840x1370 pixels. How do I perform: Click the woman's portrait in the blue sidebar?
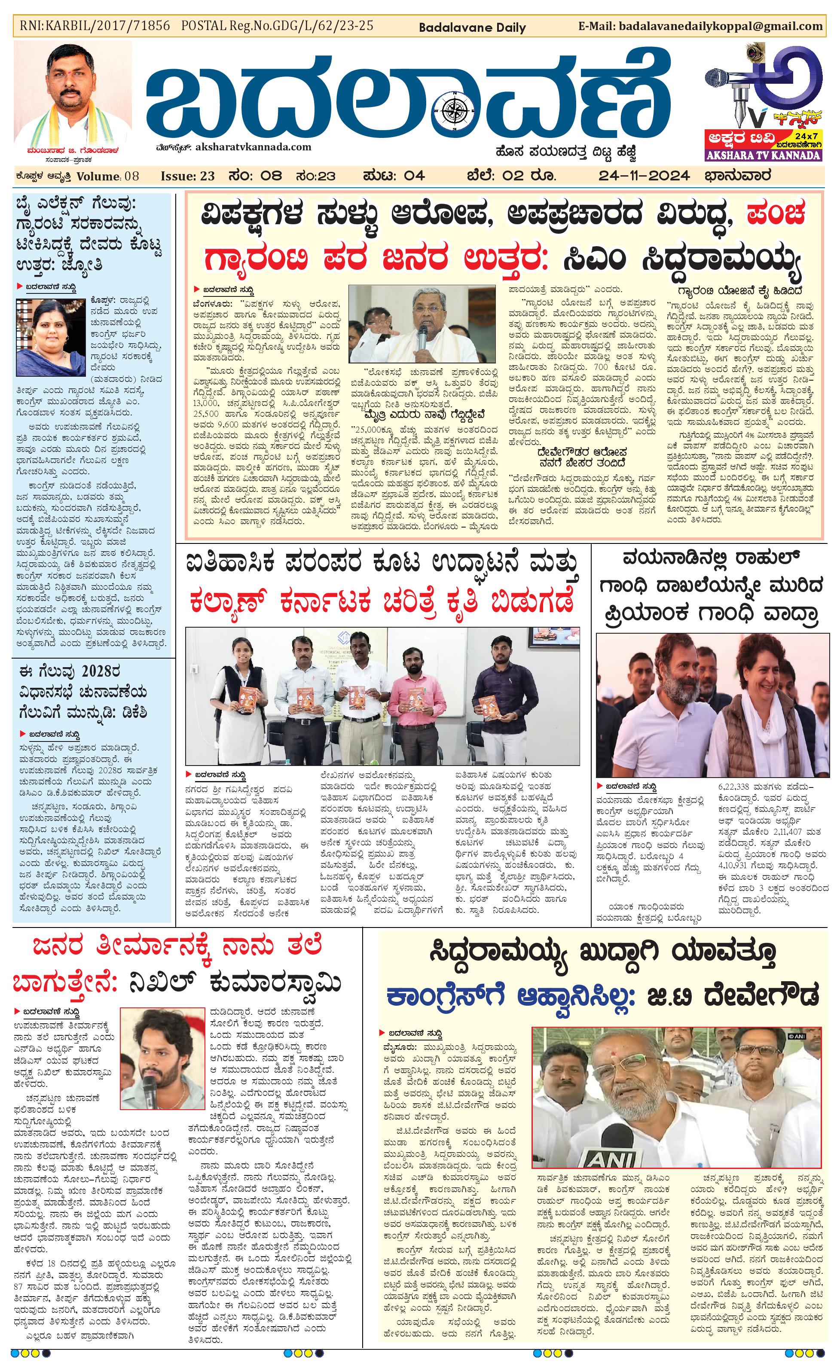[x=51, y=336]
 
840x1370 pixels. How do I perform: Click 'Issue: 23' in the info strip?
[x=187, y=176]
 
